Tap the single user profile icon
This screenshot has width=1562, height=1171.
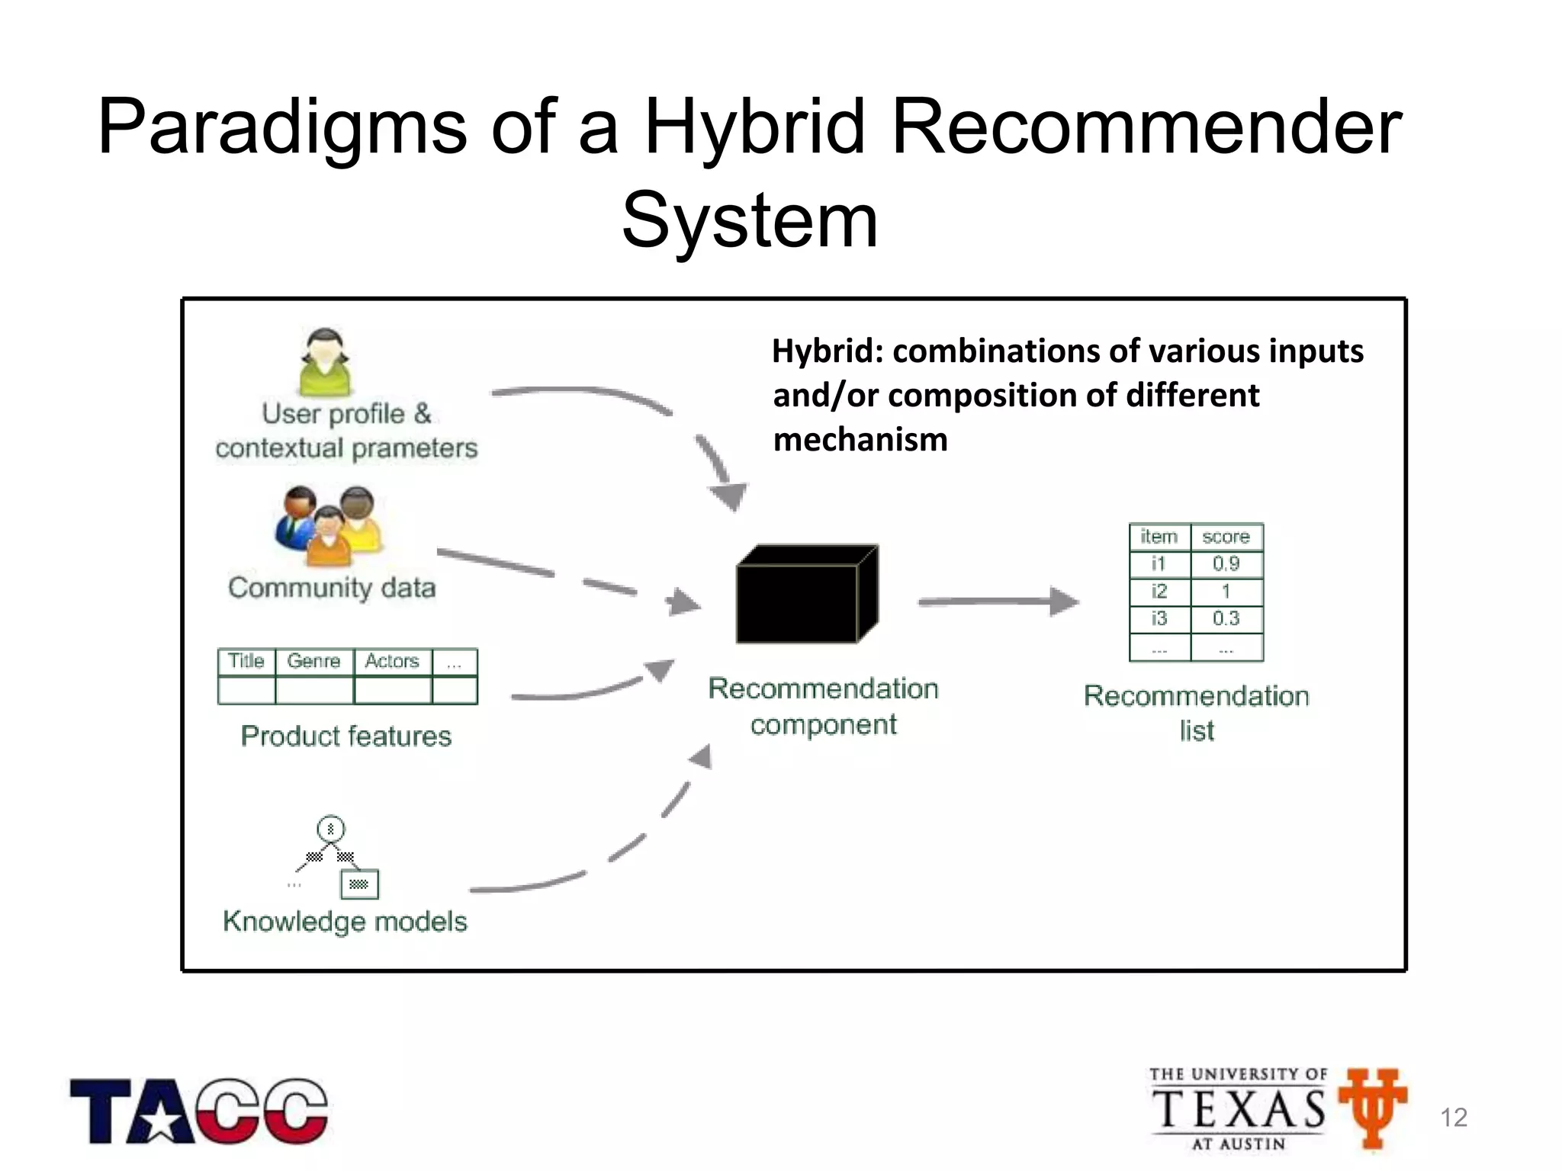[x=325, y=363]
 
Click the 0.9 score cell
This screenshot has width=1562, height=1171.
[x=1226, y=564]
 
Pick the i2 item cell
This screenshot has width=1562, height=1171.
[x=1159, y=591]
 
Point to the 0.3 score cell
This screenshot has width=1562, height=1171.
[x=1226, y=618]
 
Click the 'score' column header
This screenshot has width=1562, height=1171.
[x=1226, y=537]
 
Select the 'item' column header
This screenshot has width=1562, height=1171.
[x=1159, y=537]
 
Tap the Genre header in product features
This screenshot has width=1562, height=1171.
[x=313, y=661]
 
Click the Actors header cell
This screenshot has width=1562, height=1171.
[x=392, y=661]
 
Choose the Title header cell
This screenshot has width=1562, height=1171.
[x=246, y=661]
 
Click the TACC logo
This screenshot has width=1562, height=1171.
[x=199, y=1111]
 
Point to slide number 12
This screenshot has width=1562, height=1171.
[x=1453, y=1118]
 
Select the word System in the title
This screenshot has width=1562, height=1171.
[x=750, y=221]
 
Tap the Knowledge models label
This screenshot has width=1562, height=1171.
[x=345, y=921]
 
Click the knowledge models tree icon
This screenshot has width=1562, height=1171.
[x=336, y=858]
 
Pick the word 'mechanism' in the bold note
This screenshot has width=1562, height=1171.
[x=860, y=440]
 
